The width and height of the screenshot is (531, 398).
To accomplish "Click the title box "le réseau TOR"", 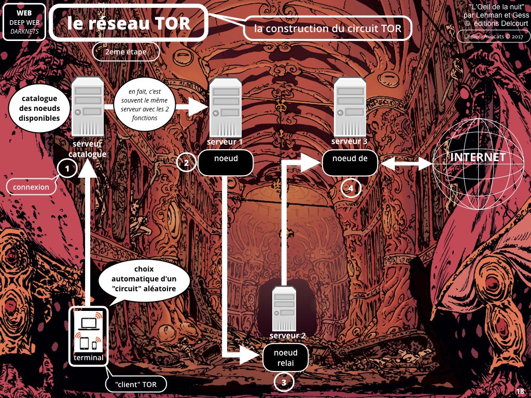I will tap(129, 23).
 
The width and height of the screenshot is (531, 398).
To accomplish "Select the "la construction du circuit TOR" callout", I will tap(327, 29).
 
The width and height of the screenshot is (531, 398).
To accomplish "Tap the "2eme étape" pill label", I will tap(125, 52).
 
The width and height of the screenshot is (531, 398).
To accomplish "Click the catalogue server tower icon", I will tap(87, 107).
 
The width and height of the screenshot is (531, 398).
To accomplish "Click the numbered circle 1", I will tap(67, 167).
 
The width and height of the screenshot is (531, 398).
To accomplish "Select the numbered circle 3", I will tap(284, 383).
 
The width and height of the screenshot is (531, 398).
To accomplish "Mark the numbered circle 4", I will tap(351, 189).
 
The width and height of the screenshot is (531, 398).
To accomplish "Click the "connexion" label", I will tap(31, 187).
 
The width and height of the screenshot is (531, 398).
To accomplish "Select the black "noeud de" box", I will tap(351, 163).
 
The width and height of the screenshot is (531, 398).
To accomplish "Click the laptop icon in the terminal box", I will tap(89, 322).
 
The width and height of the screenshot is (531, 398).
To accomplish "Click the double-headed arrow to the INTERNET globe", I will tap(407, 163).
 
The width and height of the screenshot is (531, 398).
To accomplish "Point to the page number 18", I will tap(520, 391).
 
